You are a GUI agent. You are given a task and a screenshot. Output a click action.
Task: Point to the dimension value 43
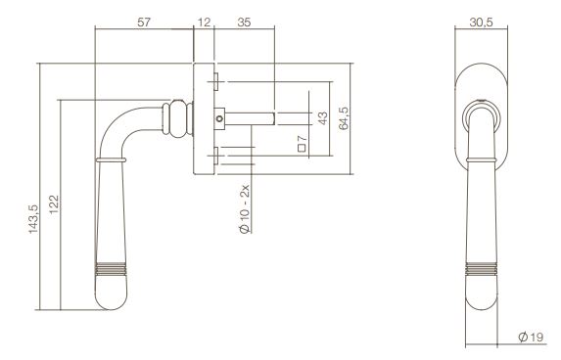tap(321, 118)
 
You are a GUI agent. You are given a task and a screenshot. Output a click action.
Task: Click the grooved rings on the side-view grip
tap(114, 267)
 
